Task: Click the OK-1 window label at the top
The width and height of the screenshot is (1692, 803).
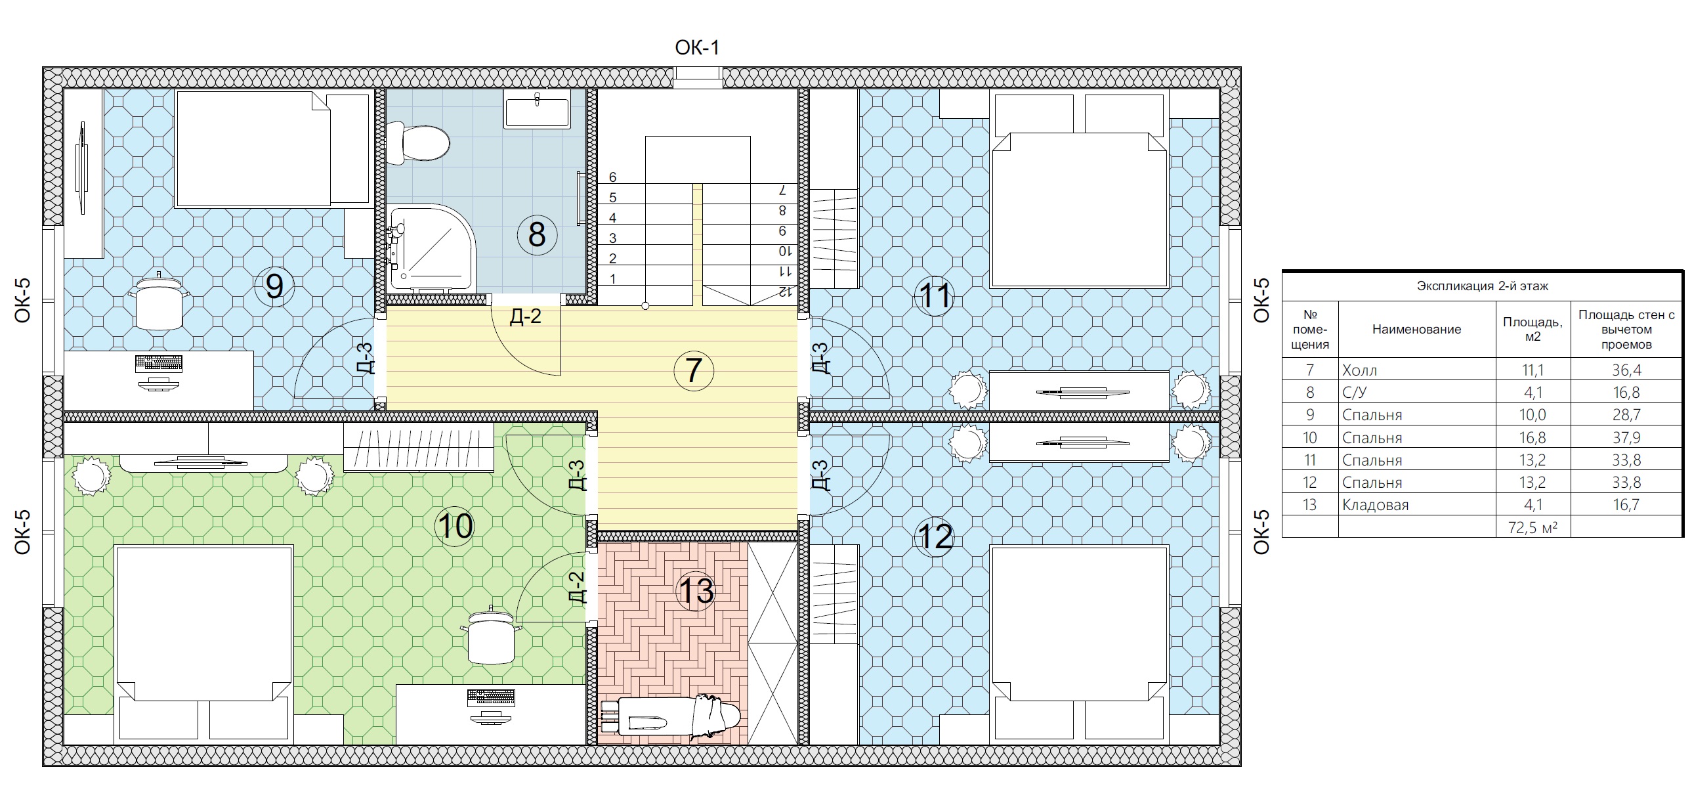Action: tap(697, 47)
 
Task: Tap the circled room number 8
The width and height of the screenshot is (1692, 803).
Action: tap(537, 234)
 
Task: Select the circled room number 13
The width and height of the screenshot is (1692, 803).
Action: tap(696, 591)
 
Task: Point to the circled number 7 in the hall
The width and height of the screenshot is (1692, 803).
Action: tap(694, 370)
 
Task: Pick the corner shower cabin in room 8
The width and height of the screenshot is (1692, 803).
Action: tap(431, 250)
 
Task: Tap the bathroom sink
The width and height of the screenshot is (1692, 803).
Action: tap(537, 109)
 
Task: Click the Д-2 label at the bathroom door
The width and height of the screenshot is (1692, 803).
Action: tap(526, 316)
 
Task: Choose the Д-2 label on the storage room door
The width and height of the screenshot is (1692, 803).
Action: tap(576, 587)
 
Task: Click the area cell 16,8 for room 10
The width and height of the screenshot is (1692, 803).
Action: tap(1533, 438)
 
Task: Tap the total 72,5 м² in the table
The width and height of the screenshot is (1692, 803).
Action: tap(1533, 527)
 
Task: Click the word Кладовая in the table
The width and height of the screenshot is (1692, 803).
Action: tap(1375, 505)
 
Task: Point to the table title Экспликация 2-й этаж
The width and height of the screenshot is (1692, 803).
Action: tap(1483, 286)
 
